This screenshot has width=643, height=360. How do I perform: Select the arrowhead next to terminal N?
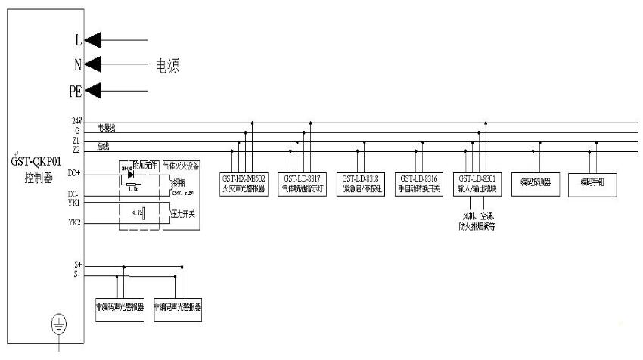93,64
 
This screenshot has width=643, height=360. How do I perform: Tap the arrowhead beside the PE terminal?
93,91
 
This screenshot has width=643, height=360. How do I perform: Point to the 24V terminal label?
76,121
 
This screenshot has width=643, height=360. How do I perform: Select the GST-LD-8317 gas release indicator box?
302,183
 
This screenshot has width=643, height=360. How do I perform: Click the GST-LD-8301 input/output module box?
477,183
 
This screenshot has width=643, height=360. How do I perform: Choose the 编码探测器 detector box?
536,183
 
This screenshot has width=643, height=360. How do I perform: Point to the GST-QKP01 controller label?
33,167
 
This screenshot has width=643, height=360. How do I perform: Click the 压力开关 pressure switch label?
182,215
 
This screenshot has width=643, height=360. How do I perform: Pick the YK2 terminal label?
75,222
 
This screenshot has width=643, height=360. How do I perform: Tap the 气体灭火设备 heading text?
182,166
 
